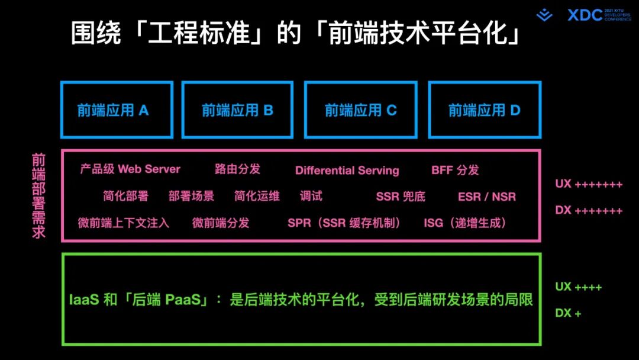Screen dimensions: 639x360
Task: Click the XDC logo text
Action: click(x=585, y=15)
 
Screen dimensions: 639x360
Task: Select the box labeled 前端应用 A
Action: click(x=117, y=110)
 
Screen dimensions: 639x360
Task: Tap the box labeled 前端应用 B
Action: click(x=237, y=110)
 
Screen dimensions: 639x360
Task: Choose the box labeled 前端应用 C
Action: click(x=360, y=110)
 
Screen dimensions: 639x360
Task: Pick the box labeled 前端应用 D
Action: click(x=484, y=110)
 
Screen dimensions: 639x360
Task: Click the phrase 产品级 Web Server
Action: click(x=130, y=169)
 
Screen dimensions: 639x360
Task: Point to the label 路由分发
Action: click(x=237, y=169)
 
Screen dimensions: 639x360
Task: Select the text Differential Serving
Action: click(x=347, y=171)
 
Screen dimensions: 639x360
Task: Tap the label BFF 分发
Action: click(x=455, y=171)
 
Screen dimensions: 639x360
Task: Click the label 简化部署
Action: click(x=125, y=196)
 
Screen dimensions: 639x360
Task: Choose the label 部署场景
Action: click(x=191, y=196)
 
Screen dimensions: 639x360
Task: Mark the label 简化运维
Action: click(x=257, y=196)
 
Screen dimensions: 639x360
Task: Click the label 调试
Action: click(x=311, y=196)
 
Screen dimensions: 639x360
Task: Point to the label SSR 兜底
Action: click(x=401, y=197)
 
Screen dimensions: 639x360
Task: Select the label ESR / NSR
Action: click(x=486, y=197)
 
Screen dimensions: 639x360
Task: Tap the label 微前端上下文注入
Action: click(x=124, y=223)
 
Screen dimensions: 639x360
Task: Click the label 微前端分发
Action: click(x=221, y=223)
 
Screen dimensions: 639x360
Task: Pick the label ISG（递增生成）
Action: click(x=464, y=223)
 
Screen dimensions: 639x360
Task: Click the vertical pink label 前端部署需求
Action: click(x=38, y=196)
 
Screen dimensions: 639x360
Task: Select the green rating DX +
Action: click(x=568, y=313)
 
